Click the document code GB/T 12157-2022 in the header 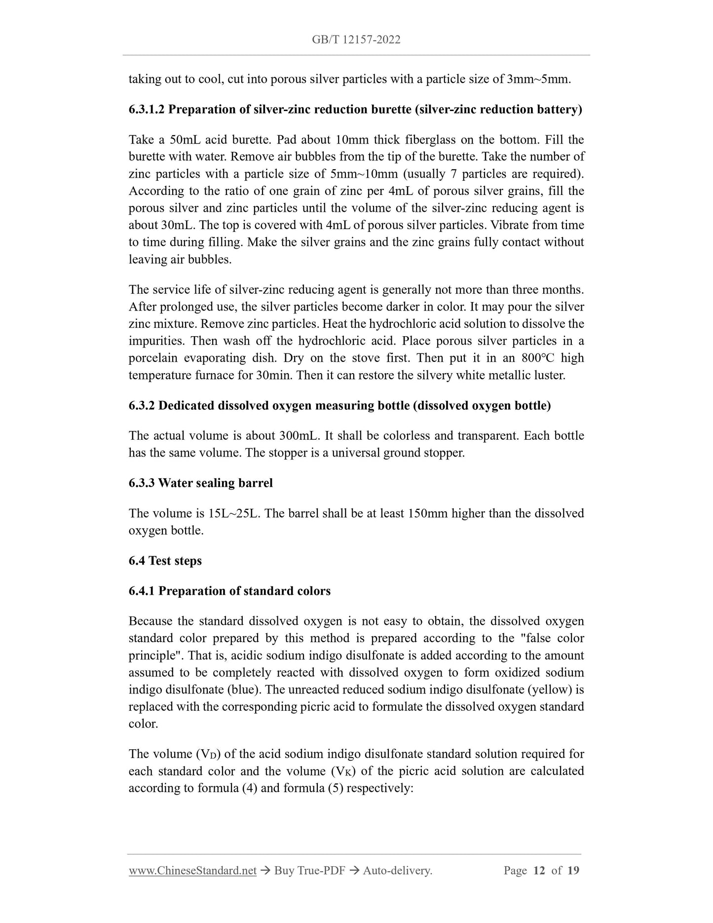tap(356, 40)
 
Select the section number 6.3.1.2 tap(147, 109)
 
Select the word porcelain tap(153, 358)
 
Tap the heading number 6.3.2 tap(142, 406)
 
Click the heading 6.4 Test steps tap(165, 561)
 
